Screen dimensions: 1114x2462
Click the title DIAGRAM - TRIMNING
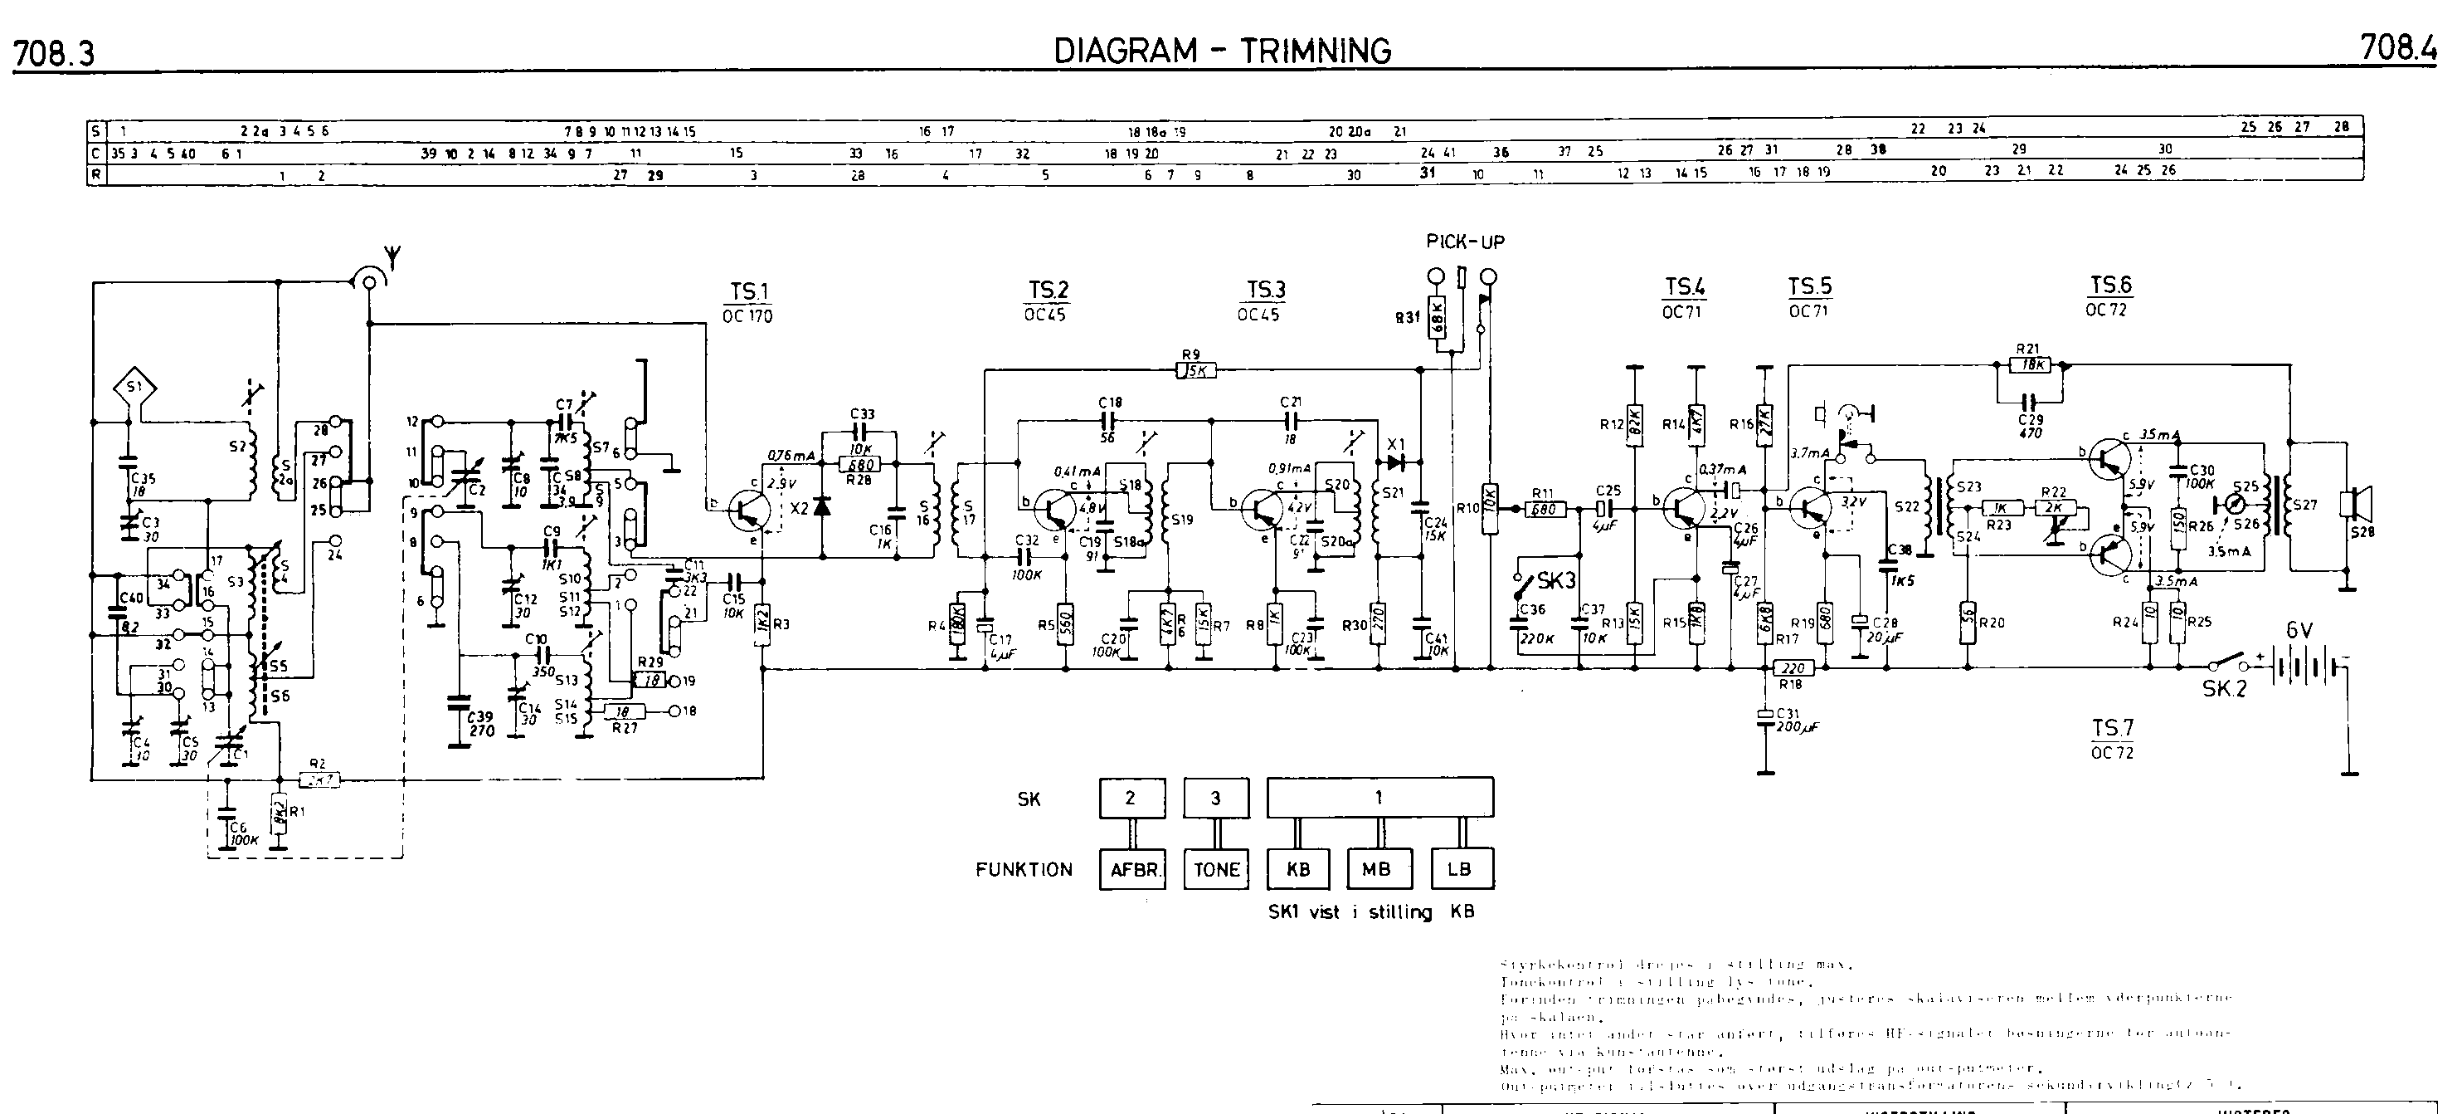1223,51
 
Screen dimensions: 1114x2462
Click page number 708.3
55,55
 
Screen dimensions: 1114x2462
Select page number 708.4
2398,48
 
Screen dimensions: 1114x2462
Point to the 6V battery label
2299,631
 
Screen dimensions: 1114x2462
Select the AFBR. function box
1131,870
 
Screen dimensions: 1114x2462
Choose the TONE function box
1216,870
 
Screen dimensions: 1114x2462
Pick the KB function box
1298,870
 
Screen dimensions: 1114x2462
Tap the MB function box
1376,870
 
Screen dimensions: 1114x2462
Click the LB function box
1459,870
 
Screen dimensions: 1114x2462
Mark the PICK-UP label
1465,242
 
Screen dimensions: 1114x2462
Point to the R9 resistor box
1195,370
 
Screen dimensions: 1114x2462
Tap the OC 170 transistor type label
748,316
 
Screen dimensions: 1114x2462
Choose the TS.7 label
2112,729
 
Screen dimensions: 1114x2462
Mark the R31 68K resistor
1437,317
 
